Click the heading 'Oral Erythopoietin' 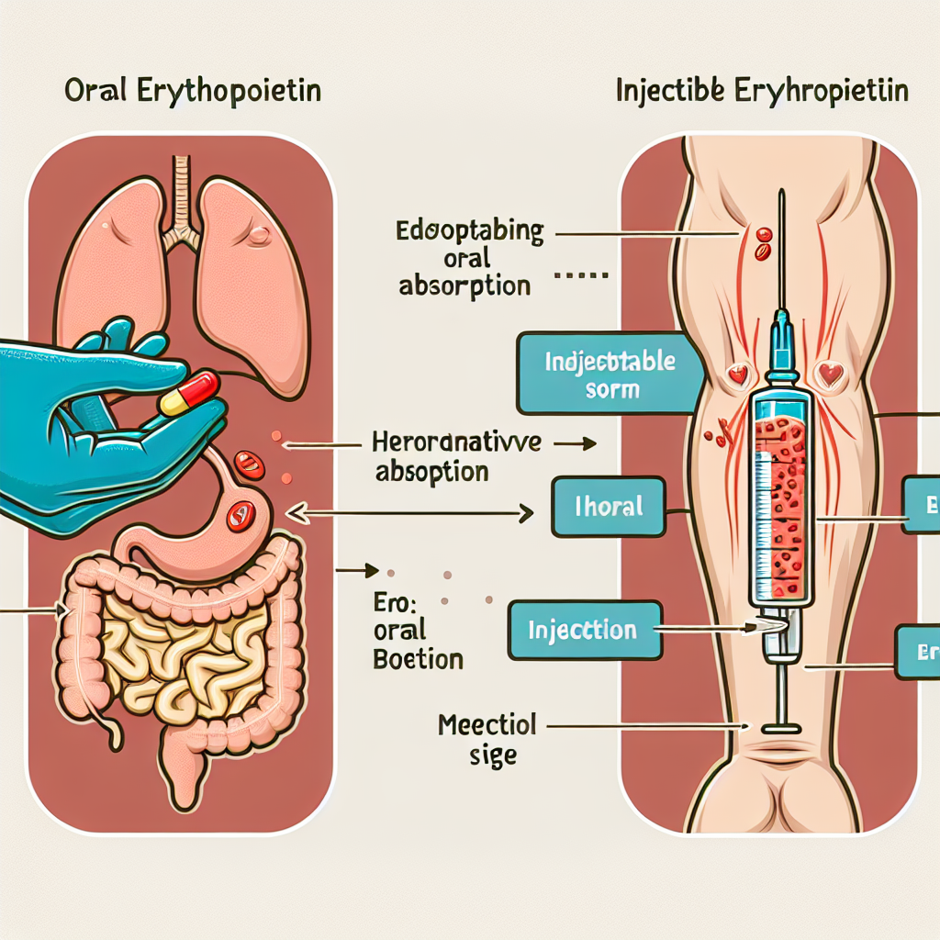coord(192,93)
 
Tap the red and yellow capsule coord(189,392)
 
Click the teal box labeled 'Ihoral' coord(608,506)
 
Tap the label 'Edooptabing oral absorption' coord(467,257)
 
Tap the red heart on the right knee coord(831,374)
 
